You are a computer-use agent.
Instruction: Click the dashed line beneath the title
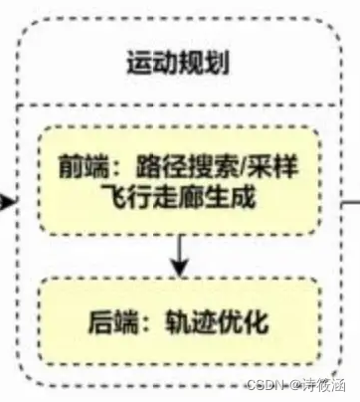click(180, 102)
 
